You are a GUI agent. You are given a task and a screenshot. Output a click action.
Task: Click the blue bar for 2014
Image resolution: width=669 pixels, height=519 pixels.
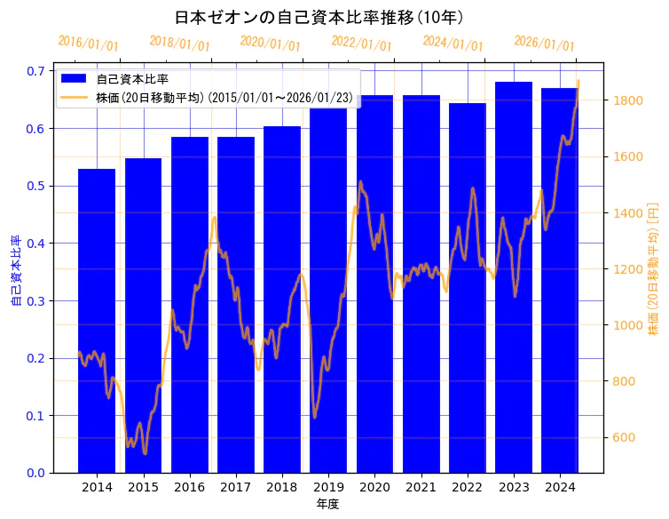point(97,320)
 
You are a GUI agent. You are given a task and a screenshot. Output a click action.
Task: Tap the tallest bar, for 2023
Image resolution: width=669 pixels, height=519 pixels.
point(514,276)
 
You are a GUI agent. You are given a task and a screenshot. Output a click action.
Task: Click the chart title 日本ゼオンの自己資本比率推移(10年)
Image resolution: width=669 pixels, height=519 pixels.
point(319,17)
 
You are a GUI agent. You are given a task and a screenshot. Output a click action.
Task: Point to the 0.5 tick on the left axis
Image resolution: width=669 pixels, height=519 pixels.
point(36,186)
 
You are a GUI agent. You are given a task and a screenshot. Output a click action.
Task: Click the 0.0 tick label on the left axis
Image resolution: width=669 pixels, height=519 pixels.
point(36,473)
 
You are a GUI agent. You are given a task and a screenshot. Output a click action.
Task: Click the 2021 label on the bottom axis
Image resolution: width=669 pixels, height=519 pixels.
point(421,487)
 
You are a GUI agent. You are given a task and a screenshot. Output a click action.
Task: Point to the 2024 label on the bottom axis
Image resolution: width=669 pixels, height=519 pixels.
point(560,487)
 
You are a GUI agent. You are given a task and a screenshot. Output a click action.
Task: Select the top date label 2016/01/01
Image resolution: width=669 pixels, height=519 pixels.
point(88,43)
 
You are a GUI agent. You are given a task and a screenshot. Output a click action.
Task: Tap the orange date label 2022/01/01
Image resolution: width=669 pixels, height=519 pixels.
point(361,43)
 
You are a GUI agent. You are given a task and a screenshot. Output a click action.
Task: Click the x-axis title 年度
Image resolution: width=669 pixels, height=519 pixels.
point(327,504)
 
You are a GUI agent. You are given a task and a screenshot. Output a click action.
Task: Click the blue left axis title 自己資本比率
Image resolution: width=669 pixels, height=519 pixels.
point(15,270)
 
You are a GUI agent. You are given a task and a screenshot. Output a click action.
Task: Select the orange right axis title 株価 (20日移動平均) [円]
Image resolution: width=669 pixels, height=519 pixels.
point(653,269)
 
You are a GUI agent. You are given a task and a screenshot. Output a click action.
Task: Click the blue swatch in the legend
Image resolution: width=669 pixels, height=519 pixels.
point(75,79)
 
